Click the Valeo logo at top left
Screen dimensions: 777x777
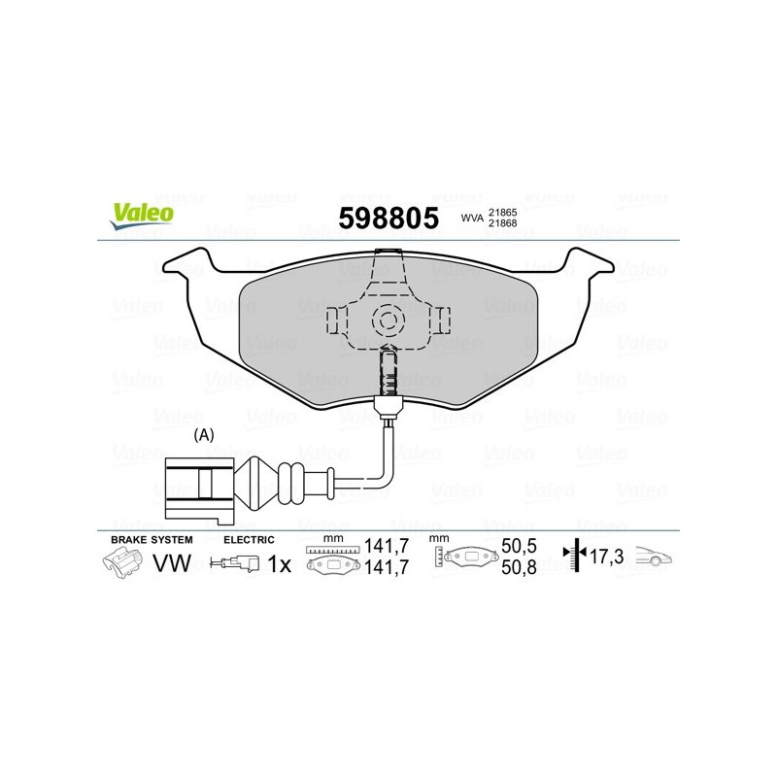click(142, 217)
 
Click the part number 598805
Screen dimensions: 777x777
click(388, 218)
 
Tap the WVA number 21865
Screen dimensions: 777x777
click(502, 213)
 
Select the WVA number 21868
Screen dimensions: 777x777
click(502, 223)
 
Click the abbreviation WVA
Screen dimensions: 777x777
click(472, 218)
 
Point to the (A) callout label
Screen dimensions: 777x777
click(204, 435)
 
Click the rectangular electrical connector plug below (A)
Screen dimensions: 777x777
click(199, 490)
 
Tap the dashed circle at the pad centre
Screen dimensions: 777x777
click(388, 321)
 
